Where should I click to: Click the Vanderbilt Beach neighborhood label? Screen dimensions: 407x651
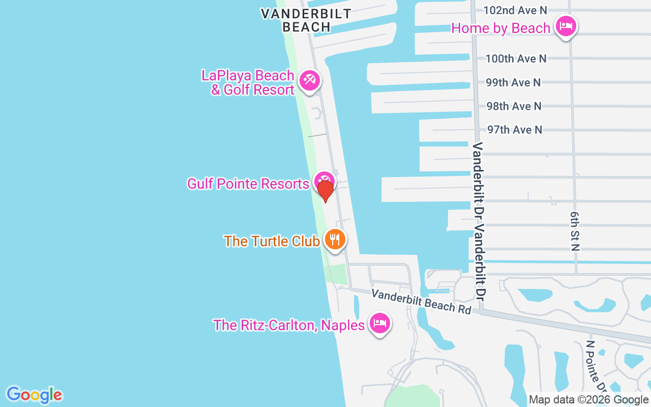[306, 20]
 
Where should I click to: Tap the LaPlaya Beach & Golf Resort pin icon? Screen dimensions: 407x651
[309, 80]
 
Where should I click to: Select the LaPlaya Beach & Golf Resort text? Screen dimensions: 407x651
[248, 82]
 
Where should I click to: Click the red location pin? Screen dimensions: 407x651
[325, 191]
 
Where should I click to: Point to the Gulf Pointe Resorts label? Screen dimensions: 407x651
[248, 184]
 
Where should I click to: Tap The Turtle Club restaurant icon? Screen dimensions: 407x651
[334, 239]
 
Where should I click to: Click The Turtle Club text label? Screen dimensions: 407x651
[272, 241]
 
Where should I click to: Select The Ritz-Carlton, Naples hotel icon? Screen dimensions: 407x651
[380, 323]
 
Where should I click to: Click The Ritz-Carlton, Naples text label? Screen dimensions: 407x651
[289, 325]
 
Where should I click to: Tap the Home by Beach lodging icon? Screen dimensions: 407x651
[566, 26]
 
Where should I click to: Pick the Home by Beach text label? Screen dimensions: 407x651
[501, 28]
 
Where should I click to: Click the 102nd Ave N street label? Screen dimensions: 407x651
[515, 10]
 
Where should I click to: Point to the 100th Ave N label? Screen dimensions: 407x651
[516, 59]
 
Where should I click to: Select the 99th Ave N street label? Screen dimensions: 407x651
[513, 82]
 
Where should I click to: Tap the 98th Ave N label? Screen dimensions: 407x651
[514, 106]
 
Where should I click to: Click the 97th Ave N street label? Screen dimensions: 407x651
[515, 130]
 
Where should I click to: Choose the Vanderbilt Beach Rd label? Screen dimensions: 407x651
[421, 301]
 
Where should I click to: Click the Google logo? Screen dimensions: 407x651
[34, 395]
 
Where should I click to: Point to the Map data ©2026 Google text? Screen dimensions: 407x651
[588, 400]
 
